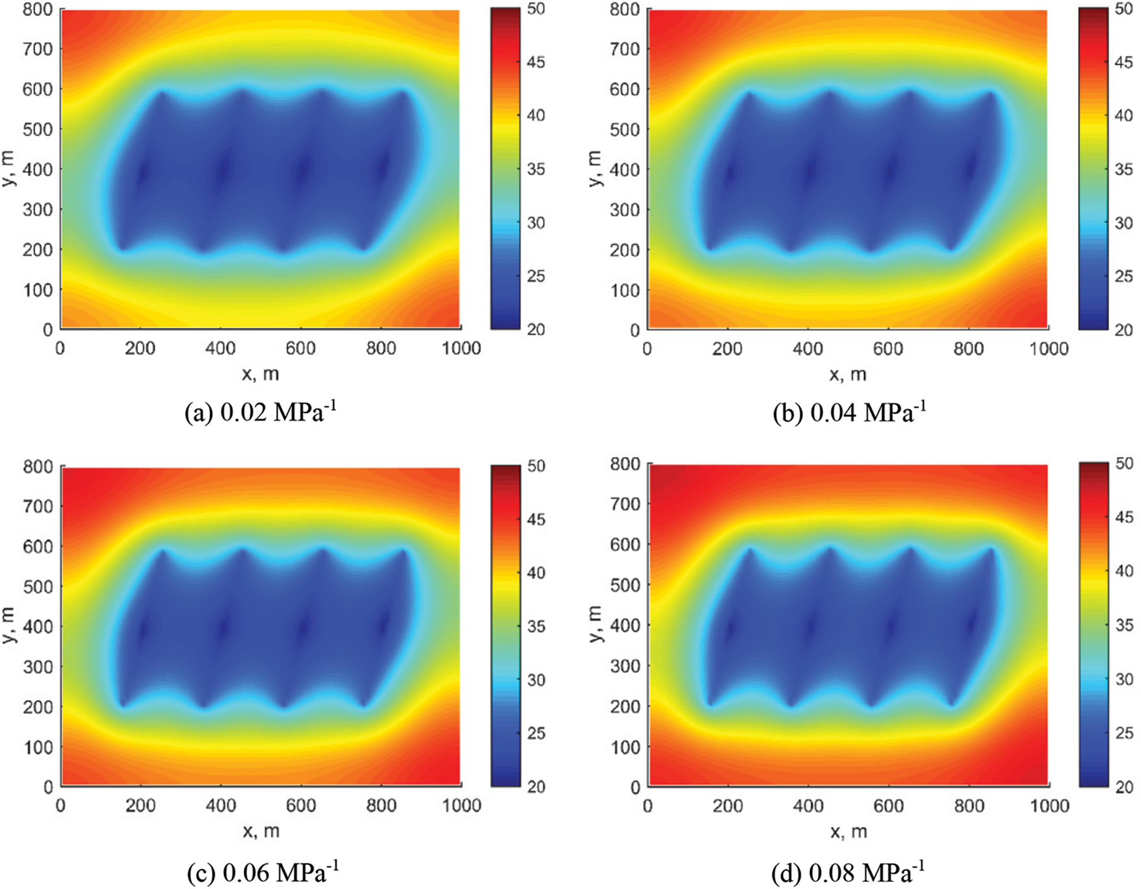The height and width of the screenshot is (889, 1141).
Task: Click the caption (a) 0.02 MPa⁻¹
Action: click(261, 412)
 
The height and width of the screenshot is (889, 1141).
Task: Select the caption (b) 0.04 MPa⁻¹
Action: click(848, 412)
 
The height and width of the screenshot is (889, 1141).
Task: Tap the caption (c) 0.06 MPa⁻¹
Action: click(262, 871)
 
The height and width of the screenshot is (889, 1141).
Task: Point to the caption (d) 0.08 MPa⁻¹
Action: click(848, 871)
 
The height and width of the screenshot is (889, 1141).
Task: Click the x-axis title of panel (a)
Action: click(261, 374)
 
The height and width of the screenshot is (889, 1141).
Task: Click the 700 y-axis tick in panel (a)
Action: click(38, 49)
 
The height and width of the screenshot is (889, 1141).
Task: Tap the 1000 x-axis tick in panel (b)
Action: click(1049, 349)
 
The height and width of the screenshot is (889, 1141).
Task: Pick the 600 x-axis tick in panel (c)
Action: click(301, 806)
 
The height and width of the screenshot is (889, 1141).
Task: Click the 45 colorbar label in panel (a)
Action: click(536, 62)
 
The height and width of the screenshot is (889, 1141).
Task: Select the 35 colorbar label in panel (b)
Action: click(1123, 170)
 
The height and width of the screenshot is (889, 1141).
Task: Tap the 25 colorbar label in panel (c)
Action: click(536, 734)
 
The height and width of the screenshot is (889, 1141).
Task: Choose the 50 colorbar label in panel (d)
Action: click(1123, 464)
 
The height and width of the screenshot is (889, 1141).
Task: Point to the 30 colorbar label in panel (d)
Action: click(1123, 680)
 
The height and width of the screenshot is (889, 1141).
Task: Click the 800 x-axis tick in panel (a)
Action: click(381, 349)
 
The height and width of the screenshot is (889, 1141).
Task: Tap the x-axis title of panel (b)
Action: click(848, 374)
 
